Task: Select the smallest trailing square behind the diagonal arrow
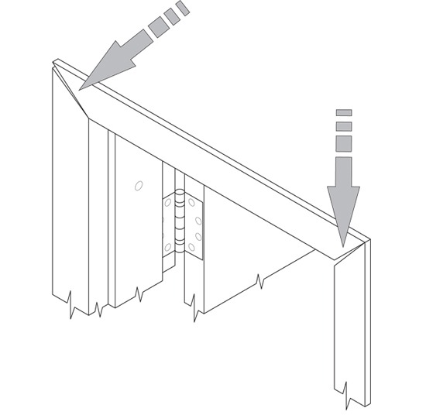tap(183, 9)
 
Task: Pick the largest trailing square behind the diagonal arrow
tap(159, 28)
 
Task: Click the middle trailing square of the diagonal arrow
tap(172, 17)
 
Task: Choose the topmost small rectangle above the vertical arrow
tap(344, 113)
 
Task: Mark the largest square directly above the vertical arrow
tap(344, 143)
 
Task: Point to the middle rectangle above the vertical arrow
tap(344, 126)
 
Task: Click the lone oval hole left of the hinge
tap(138, 185)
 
